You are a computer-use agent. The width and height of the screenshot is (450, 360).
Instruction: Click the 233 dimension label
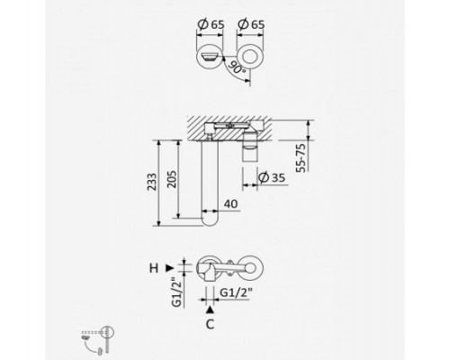[x=152, y=182]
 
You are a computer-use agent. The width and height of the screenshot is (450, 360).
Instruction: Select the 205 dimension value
[x=172, y=179]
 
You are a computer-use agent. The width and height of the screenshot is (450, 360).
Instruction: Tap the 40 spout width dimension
[x=230, y=204]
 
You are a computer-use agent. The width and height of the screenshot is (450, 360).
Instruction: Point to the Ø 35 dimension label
[x=272, y=177]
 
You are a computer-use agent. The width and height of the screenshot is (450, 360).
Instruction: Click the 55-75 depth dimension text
[x=301, y=158]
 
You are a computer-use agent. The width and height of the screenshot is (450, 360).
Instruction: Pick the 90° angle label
[x=237, y=67]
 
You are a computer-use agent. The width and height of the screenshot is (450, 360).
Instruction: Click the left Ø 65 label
[x=211, y=24]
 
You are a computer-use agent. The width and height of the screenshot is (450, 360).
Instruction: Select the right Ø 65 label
[x=251, y=24]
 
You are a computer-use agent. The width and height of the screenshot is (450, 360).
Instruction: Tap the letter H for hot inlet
[x=154, y=268]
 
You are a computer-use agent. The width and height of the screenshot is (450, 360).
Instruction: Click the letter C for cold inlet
[x=211, y=324]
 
